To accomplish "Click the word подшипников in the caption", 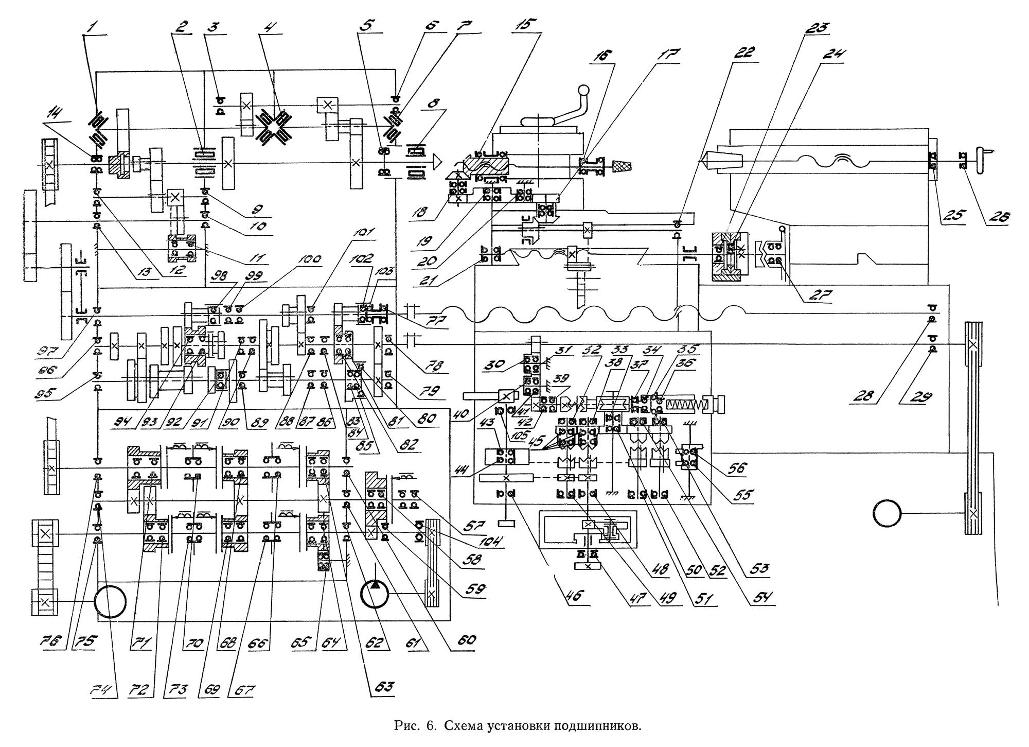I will (597, 726).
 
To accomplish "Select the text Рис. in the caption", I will (404, 726).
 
